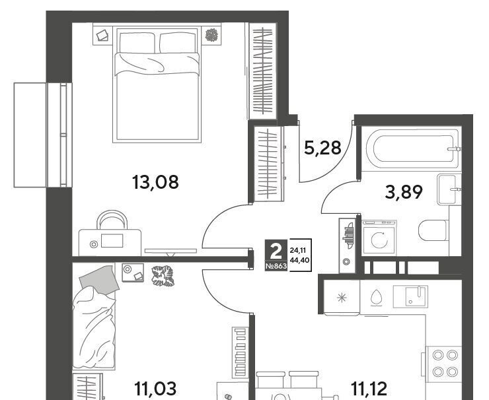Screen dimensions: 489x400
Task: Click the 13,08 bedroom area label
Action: coord(155,182)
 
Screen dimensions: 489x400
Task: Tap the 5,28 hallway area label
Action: coord(322,148)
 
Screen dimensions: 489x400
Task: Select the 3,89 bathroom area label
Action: coord(404,192)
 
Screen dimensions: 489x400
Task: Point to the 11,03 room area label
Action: coord(155,389)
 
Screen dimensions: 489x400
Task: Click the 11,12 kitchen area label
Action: coord(369,389)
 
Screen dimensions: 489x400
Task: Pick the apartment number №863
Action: coord(276,267)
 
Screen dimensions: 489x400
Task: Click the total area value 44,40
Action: coord(300,259)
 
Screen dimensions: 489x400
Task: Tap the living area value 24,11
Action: coord(298,250)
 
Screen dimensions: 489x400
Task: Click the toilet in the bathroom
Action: coord(433,230)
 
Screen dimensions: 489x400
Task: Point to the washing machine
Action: coord(379,238)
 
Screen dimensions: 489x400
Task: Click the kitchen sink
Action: coord(410,296)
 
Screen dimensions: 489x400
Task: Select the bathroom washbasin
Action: coord(449,189)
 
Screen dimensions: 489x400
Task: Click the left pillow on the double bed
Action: coord(137,43)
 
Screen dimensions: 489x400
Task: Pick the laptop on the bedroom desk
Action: coord(112,240)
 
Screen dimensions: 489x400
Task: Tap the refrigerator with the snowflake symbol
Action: coord(342,297)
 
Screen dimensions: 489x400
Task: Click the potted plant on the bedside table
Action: coord(211,35)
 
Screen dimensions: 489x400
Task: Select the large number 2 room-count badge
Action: coord(276,251)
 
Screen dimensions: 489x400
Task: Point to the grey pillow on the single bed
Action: coord(99,279)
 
